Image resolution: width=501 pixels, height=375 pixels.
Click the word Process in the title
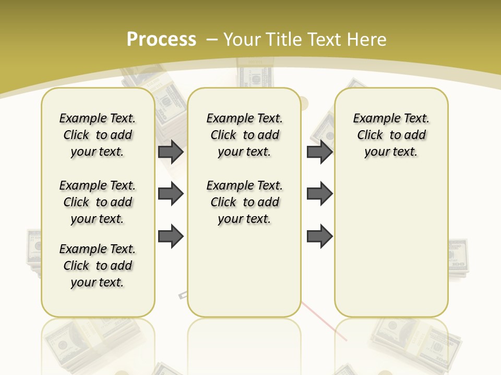(x=161, y=39)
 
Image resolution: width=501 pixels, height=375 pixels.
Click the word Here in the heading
(x=367, y=40)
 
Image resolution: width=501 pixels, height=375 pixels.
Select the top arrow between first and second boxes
(x=171, y=152)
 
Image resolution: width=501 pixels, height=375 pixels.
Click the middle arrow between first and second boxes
(x=171, y=194)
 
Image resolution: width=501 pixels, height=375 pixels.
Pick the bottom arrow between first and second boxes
(x=171, y=236)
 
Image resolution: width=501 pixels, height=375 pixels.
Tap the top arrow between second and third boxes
(x=319, y=152)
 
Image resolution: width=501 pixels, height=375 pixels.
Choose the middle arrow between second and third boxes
(x=319, y=194)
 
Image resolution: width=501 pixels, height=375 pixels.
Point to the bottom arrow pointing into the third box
(x=319, y=236)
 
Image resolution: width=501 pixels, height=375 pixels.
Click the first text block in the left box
(x=98, y=135)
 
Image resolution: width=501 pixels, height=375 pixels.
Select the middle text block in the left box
(x=98, y=202)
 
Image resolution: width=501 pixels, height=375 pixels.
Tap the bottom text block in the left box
(x=98, y=266)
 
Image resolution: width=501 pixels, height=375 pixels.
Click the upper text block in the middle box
(x=244, y=135)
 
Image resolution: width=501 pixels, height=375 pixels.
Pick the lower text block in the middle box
(x=244, y=202)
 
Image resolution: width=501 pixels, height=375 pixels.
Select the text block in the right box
(x=391, y=135)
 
